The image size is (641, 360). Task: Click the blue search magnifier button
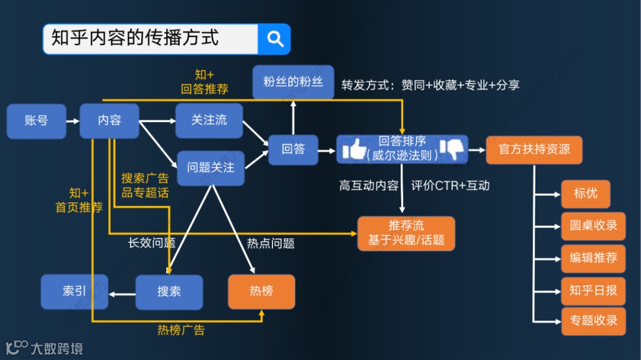point(275,39)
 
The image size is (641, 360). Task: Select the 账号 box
point(36,121)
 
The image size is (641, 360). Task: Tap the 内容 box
point(110,121)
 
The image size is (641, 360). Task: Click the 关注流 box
point(209,120)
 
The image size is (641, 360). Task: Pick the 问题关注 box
point(211,168)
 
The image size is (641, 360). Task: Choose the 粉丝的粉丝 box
point(293,82)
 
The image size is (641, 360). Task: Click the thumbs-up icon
point(355,149)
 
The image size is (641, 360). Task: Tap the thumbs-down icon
point(452,149)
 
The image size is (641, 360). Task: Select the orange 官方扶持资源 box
point(534,149)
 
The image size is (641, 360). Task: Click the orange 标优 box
point(585,194)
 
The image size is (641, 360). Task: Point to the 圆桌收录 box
point(593,226)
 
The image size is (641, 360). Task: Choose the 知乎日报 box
point(593,290)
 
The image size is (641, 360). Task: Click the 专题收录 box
point(593,321)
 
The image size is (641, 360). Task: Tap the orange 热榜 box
point(261,291)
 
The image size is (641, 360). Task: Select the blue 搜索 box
point(169,292)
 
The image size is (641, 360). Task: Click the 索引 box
point(74,291)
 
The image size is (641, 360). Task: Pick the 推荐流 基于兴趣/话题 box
point(406,233)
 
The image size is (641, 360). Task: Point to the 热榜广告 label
point(181,330)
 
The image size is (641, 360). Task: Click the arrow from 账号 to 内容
point(72,121)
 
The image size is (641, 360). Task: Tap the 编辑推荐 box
point(593,258)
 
